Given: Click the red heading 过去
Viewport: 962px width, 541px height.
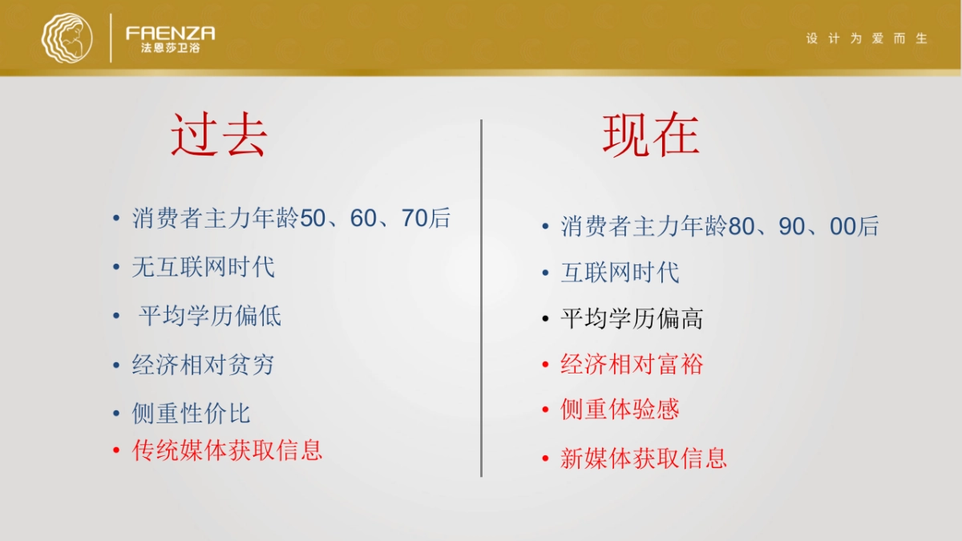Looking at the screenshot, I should click(219, 134).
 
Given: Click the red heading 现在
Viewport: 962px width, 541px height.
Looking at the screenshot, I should click(651, 134).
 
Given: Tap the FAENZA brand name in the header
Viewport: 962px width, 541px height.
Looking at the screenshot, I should click(170, 33).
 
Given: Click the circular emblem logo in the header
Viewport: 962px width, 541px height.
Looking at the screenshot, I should click(67, 38).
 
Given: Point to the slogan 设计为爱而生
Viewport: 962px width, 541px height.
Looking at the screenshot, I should click(867, 38).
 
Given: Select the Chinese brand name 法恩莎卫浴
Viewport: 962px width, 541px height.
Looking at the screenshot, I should click(170, 48).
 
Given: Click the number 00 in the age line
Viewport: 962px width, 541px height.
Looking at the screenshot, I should click(843, 227).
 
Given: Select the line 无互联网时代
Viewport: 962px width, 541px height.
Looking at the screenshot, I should click(203, 267).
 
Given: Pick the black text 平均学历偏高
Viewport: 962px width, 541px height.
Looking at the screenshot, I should click(632, 319).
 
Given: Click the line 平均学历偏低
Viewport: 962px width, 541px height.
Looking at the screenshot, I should click(210, 316).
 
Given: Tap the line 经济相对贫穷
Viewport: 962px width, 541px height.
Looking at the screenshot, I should click(203, 365).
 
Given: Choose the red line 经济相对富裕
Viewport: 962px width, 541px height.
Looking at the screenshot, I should click(632, 365).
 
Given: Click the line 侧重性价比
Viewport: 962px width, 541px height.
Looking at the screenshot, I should click(191, 414).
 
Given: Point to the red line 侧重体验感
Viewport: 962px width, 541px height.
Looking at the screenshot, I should click(620, 410).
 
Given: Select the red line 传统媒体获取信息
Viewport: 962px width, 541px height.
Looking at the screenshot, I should click(227, 450).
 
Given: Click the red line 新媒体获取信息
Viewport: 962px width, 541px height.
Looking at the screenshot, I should click(644, 458).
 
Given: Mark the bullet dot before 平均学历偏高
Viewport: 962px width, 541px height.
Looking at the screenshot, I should click(546, 320).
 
